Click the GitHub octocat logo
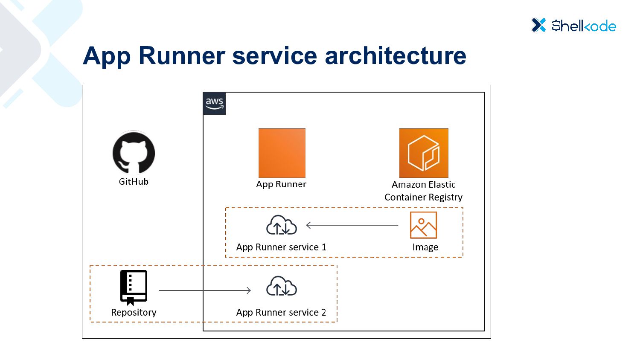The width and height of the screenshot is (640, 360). click(134, 153)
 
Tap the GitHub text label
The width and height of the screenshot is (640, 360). click(134, 182)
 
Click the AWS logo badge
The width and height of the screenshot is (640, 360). click(214, 103)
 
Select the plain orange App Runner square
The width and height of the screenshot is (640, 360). click(282, 153)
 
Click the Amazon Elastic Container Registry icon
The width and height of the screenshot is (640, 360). click(424, 153)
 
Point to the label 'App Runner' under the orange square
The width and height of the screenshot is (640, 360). click(281, 184)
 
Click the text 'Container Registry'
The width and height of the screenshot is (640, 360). click(423, 197)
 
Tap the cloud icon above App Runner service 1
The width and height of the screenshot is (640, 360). click(282, 226)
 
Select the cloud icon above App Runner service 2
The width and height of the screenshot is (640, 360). click(282, 286)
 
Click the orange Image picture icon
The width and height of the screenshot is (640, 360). click(423, 225)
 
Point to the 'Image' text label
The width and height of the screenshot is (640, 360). click(425, 247)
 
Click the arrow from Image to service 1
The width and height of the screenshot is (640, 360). click(352, 225)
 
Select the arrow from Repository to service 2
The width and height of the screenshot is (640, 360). click(205, 290)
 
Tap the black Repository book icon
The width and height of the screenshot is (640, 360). click(134, 287)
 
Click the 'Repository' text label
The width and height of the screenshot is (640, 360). click(134, 313)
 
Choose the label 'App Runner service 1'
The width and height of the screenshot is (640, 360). click(281, 247)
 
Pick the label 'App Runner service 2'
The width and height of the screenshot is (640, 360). click(281, 313)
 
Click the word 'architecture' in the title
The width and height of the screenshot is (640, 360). click(396, 56)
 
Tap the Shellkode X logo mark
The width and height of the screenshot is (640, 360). click(539, 25)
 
